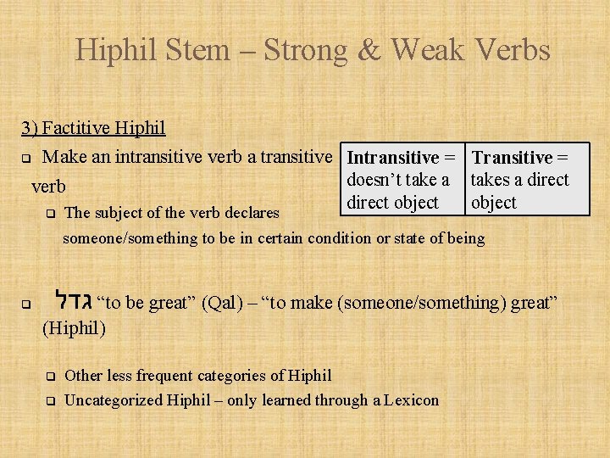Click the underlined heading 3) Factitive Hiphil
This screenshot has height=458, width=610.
(93, 128)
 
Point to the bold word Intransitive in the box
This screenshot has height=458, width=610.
(393, 158)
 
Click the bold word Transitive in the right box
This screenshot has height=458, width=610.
(511, 158)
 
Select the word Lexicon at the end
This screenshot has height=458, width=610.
(410, 399)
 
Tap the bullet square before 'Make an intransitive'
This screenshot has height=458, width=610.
(25, 158)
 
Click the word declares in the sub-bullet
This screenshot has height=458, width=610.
(252, 212)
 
